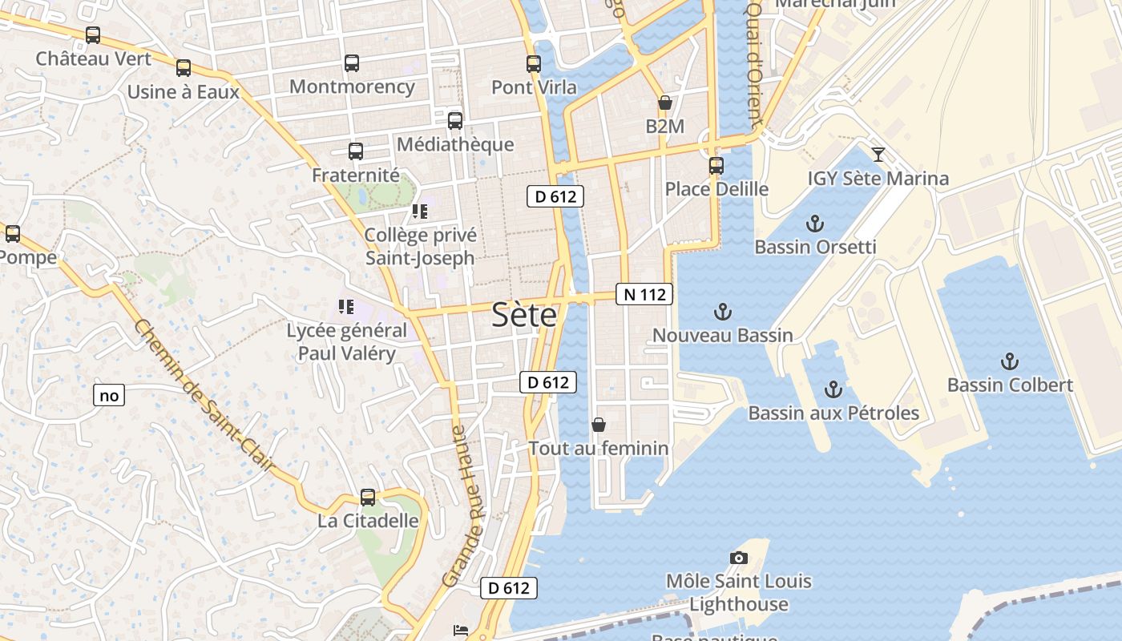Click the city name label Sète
(x=524, y=315)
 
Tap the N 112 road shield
(x=644, y=294)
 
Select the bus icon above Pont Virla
(x=534, y=64)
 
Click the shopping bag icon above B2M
(x=664, y=103)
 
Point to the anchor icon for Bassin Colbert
(x=1010, y=361)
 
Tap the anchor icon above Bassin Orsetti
(x=815, y=224)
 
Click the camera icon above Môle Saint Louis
(x=738, y=558)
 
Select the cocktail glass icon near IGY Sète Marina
(x=878, y=155)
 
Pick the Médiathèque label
(x=455, y=144)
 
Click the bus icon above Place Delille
(x=716, y=166)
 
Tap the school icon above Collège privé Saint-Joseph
(x=420, y=212)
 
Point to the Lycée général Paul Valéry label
(x=347, y=341)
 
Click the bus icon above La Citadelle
(x=368, y=498)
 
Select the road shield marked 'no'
(x=110, y=395)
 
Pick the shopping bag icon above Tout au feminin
(x=598, y=425)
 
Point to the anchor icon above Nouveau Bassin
(x=723, y=312)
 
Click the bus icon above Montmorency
(x=352, y=63)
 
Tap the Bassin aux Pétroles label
(x=833, y=413)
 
